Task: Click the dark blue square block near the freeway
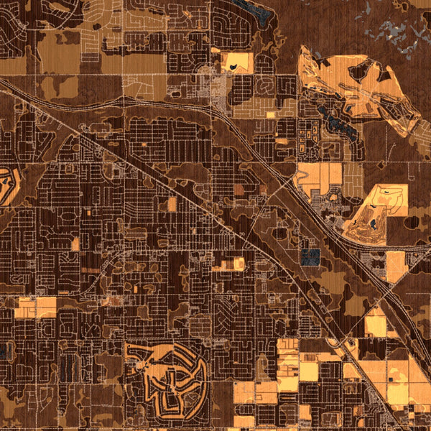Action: pyautogui.click(x=310, y=256)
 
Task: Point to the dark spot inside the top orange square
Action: pyautogui.click(x=234, y=68)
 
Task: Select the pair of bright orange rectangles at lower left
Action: pyautogui.click(x=34, y=307)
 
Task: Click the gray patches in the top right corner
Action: pyautogui.click(x=399, y=32)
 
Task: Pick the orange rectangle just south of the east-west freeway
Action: pyautogui.click(x=397, y=267)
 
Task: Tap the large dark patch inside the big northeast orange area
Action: pyautogui.click(x=359, y=70)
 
